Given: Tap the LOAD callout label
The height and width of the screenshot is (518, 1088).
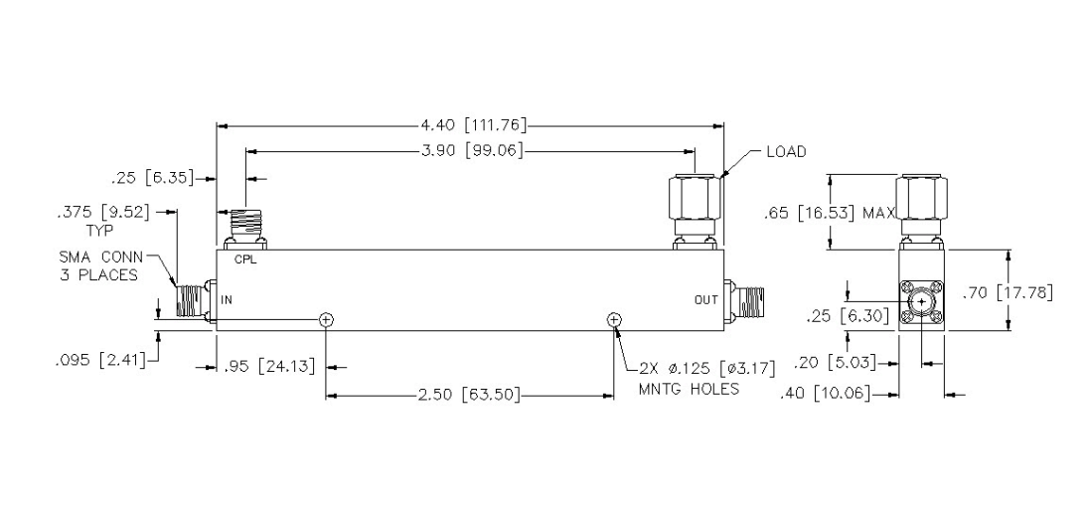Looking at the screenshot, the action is click(x=786, y=151).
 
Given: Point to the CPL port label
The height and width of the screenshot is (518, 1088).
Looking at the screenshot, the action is click(x=245, y=261).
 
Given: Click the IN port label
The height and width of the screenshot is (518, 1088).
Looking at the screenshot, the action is click(x=227, y=300).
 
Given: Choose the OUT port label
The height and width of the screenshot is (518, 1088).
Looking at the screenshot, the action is click(x=705, y=300).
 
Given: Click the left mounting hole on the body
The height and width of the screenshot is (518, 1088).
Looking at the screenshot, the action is click(x=326, y=319).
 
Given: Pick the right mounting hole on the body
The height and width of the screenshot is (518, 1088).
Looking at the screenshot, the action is click(x=613, y=319).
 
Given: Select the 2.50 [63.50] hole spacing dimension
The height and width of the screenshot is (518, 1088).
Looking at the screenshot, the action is click(x=468, y=396).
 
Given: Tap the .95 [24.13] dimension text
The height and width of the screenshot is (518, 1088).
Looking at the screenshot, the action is click(x=271, y=365).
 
